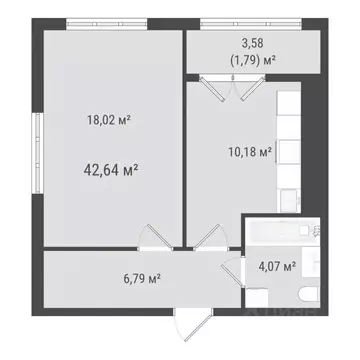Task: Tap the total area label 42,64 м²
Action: coord(110,169)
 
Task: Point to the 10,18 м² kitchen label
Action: coord(249,153)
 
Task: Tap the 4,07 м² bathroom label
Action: coord(276,266)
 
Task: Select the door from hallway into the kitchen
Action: coord(209,240)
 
